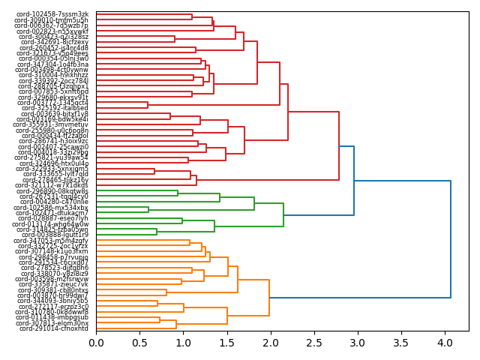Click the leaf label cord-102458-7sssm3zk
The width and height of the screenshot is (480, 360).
[x=54, y=14]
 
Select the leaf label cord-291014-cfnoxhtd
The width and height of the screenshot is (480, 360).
[x=54, y=328]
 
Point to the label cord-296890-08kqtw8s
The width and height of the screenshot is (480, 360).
[x=54, y=190]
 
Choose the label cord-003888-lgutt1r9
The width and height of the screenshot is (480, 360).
[x=54, y=235]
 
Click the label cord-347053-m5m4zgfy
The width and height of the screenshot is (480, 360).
[x=54, y=241]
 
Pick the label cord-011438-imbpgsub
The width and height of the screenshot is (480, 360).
[x=54, y=317]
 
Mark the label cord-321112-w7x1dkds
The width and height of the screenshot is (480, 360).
[x=54, y=185]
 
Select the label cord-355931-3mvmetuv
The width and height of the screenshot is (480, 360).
[x=54, y=124]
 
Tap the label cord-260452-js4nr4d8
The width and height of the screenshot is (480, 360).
[x=54, y=47]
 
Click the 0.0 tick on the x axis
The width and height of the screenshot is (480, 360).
[x=96, y=343]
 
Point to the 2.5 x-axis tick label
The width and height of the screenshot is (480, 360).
[x=314, y=343]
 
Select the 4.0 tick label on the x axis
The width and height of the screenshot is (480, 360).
[x=445, y=343]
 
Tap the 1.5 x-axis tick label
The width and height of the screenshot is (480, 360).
[x=227, y=343]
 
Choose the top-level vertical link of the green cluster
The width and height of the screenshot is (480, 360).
[x=283, y=215]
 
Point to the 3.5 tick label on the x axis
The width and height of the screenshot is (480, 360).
[x=401, y=343]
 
